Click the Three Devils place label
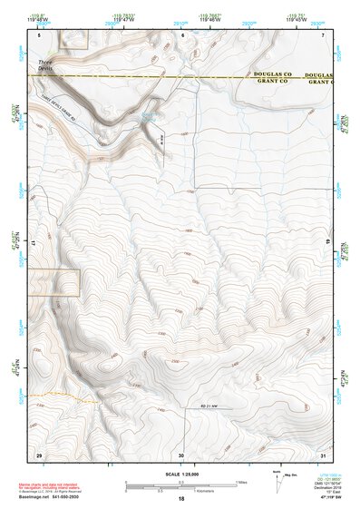coord(45,64)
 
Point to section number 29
coord(39,454)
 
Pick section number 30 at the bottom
coord(181,454)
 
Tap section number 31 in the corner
coord(323,454)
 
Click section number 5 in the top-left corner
coord(39,34)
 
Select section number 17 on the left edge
coord(33,244)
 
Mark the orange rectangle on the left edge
coord(54,282)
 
